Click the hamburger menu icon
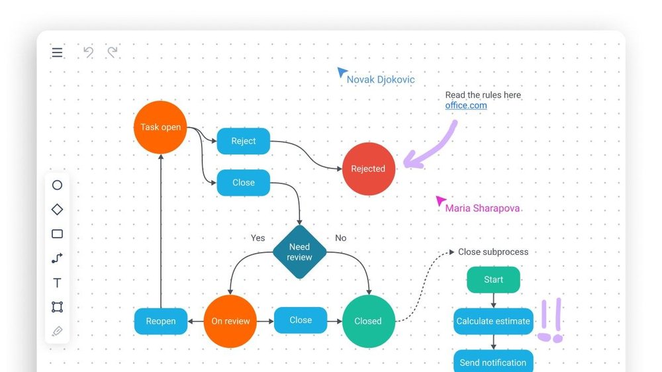point(58,52)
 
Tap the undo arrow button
point(88,52)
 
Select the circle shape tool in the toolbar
point(57,185)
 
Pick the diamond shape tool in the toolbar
point(57,209)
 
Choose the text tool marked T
point(57,283)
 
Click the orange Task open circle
point(160,127)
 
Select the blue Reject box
point(244,141)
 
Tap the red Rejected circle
point(368,169)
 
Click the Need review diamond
point(299,252)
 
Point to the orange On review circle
point(230,321)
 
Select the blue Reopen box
point(161,321)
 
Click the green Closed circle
point(368,321)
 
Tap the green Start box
point(493,280)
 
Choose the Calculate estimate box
point(493,321)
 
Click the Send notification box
point(493,361)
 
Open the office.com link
point(466,105)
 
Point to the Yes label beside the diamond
point(258,238)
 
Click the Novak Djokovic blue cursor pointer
point(342,72)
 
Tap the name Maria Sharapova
point(482,209)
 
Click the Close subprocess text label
point(493,252)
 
